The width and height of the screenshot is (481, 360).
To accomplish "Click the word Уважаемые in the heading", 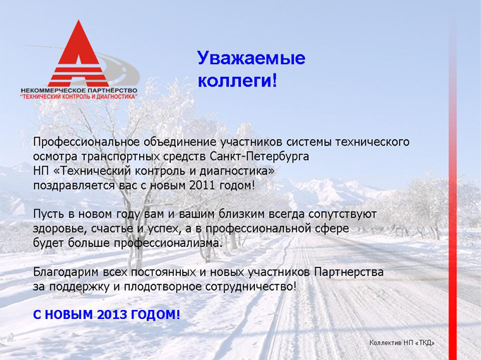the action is point(251,59).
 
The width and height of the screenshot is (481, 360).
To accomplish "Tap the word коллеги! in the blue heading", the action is point(237,81).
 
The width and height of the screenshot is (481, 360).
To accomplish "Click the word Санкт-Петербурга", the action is point(259,157).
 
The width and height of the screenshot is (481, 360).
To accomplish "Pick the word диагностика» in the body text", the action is point(237,171).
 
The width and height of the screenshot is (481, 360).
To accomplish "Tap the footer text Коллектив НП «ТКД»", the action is point(402,343).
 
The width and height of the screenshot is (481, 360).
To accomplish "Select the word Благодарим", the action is point(66,272).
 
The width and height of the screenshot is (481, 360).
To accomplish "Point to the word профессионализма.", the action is point(167,244).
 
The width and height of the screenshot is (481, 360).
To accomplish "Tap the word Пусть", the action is point(49,214).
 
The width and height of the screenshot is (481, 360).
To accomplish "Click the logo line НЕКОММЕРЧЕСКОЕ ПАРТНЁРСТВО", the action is point(79,91).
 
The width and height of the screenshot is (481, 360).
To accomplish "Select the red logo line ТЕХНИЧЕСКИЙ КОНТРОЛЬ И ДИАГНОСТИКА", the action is point(78,97).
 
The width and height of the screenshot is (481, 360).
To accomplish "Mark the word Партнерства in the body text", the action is point(349,272).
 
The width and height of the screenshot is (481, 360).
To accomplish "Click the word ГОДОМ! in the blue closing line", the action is point(155,315).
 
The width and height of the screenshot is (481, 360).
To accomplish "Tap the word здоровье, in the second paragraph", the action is point(58,229).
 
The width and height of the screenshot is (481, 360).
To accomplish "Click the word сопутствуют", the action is point(343,214).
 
